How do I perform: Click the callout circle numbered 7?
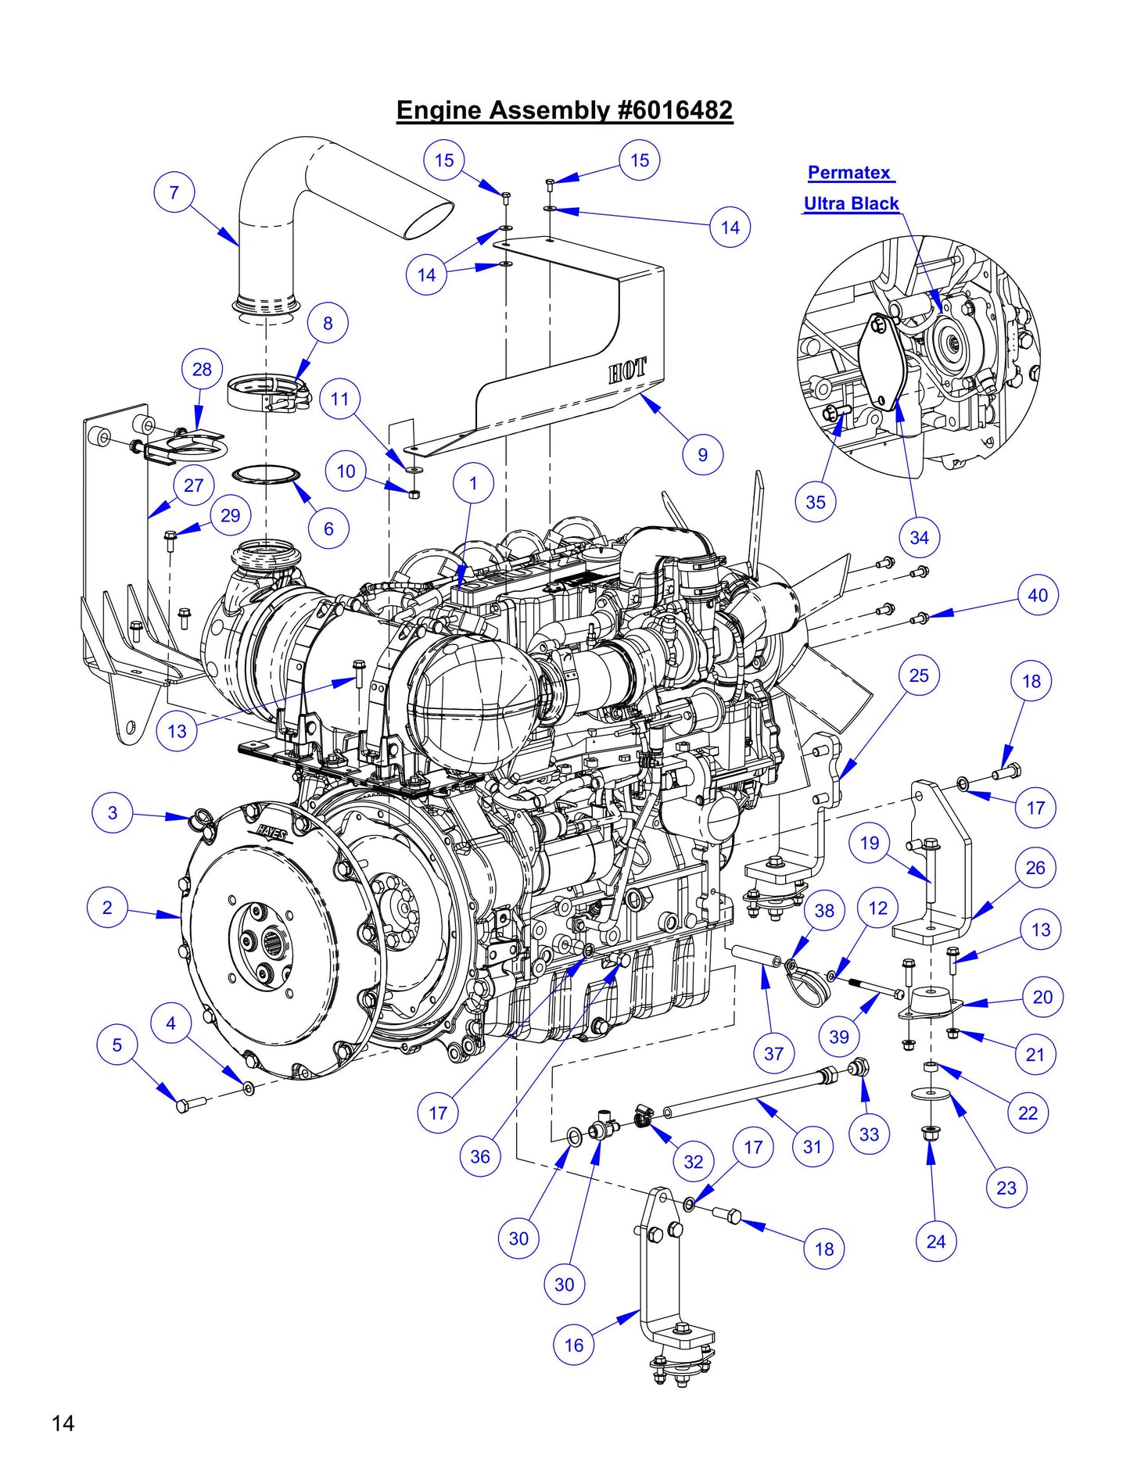pyautogui.click(x=174, y=192)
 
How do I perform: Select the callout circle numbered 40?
pyautogui.click(x=1037, y=595)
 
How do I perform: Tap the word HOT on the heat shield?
pyautogui.click(x=627, y=371)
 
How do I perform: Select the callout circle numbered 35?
pyautogui.click(x=815, y=502)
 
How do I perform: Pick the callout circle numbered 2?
pyautogui.click(x=107, y=908)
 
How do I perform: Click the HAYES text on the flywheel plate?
pyautogui.click(x=271, y=833)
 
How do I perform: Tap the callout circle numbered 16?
pyautogui.click(x=573, y=1345)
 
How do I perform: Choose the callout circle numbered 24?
pyautogui.click(x=935, y=1241)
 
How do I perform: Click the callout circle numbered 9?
pyautogui.click(x=702, y=454)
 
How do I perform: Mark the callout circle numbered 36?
pyautogui.click(x=479, y=1156)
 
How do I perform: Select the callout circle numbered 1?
pyautogui.click(x=472, y=483)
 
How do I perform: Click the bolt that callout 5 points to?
pyautogui.click(x=186, y=1105)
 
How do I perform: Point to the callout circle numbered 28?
pyautogui.click(x=202, y=369)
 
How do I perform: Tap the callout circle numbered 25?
pyautogui.click(x=918, y=675)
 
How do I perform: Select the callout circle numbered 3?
pyautogui.click(x=113, y=812)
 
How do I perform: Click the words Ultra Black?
pyautogui.click(x=851, y=203)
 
